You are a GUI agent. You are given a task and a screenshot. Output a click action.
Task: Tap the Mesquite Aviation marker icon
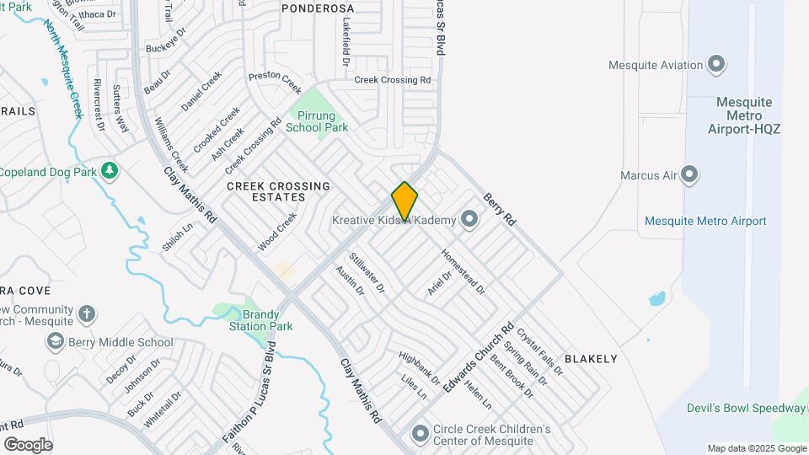(x=717, y=65)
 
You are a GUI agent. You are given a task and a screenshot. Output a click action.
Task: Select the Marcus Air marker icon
(x=690, y=175)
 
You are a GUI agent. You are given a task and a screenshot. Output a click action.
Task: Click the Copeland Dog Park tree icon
(x=110, y=171)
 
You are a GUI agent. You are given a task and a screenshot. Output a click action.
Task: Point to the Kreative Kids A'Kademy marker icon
(x=469, y=221)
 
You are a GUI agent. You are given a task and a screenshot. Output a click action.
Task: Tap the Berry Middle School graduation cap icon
(x=56, y=342)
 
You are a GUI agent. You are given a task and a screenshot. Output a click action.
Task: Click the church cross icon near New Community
(x=86, y=314)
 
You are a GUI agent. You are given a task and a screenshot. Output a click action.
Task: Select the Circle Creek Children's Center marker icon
(x=420, y=435)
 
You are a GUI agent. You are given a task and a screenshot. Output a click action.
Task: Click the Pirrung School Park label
(x=316, y=121)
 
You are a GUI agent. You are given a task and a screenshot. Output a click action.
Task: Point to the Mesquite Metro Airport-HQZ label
(x=744, y=115)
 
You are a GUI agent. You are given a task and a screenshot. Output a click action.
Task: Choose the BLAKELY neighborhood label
(x=591, y=359)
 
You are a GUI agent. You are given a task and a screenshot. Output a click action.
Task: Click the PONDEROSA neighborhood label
(x=318, y=8)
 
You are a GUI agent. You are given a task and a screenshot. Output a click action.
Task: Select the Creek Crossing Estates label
(x=265, y=191)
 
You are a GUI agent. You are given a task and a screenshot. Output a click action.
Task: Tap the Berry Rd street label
(x=499, y=208)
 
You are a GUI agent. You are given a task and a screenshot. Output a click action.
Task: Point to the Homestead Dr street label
(x=463, y=270)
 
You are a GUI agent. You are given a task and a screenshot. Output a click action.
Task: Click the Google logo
(x=28, y=444)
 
